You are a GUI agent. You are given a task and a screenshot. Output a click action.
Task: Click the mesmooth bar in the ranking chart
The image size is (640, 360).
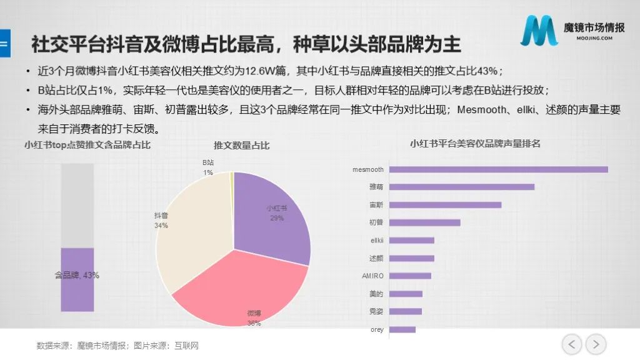pyautogui.click(x=498, y=169)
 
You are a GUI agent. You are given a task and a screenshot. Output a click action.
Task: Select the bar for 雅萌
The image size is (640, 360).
pyautogui.click(x=462, y=187)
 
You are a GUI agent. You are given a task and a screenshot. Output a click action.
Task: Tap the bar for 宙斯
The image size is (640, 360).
pyautogui.click(x=445, y=205)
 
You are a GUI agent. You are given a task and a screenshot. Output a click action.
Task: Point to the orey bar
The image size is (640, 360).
pyautogui.click(x=402, y=329)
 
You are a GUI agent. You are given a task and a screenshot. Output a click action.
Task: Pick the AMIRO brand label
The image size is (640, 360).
pyautogui.click(x=372, y=276)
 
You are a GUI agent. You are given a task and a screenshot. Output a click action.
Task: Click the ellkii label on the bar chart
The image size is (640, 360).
pyautogui.click(x=377, y=241)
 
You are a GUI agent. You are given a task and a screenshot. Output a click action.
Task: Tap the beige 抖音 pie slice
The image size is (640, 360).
pyautogui.click(x=192, y=229)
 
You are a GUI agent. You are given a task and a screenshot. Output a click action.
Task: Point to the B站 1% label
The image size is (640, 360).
pyautogui.click(x=208, y=167)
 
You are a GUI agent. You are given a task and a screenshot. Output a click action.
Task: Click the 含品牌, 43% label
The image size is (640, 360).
pyautogui.click(x=77, y=275)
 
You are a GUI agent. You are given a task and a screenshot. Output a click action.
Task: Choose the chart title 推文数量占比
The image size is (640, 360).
pyautogui.click(x=242, y=146)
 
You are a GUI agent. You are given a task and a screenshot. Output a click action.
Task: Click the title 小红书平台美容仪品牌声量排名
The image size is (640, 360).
pyautogui.click(x=475, y=144)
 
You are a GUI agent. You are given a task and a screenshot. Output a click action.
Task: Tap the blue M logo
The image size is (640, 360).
pyautogui.click(x=539, y=31)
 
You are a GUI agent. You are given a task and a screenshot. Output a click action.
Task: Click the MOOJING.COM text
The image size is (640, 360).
pyautogui.click(x=594, y=38)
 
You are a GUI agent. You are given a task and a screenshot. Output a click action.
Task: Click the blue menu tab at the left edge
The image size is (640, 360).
pyautogui.click(x=5, y=43)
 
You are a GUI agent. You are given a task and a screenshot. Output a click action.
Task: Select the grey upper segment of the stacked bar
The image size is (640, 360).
pyautogui.click(x=77, y=206)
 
